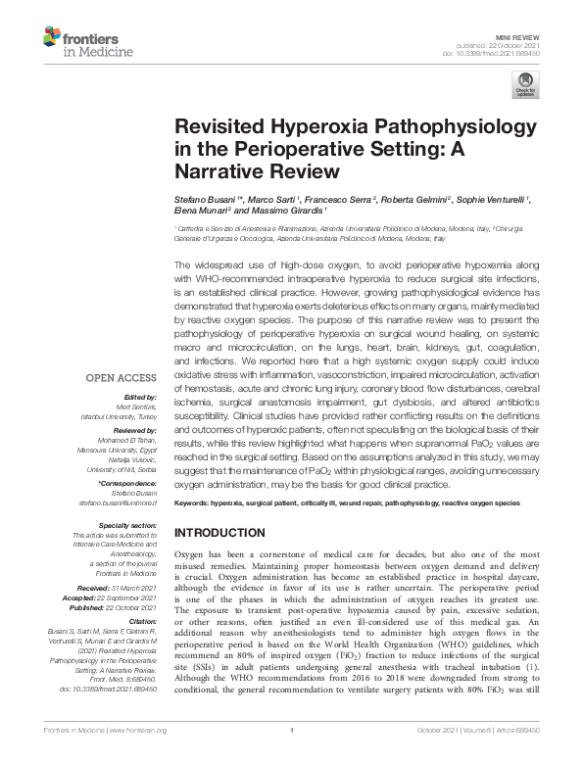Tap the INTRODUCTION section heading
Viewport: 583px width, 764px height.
(x=225, y=532)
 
